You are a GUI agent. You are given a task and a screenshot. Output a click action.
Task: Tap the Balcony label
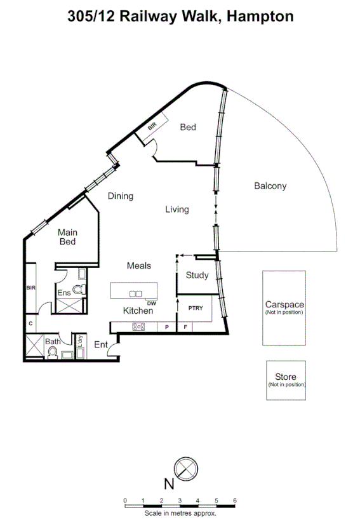click(270, 186)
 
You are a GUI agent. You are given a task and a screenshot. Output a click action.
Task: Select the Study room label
click(197, 275)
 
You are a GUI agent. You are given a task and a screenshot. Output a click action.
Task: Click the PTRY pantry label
click(194, 307)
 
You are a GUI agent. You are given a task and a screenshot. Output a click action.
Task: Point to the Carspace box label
click(284, 304)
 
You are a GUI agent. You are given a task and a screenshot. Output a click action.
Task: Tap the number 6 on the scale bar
click(235, 500)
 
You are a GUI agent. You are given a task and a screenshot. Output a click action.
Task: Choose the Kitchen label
click(138, 311)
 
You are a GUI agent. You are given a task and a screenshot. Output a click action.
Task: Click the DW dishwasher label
click(151, 303)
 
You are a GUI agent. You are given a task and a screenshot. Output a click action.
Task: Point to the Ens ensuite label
click(64, 293)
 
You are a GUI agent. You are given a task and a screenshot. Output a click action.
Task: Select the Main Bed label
click(68, 237)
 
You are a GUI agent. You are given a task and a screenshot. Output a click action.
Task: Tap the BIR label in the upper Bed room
click(152, 126)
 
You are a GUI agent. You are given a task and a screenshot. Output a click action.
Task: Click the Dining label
click(120, 196)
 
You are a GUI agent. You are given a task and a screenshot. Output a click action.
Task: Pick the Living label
click(177, 209)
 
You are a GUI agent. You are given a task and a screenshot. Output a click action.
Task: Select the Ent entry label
click(101, 344)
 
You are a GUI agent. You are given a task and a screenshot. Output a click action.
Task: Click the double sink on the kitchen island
click(136, 293)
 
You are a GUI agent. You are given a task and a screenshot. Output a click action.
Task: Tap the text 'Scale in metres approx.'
click(180, 513)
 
